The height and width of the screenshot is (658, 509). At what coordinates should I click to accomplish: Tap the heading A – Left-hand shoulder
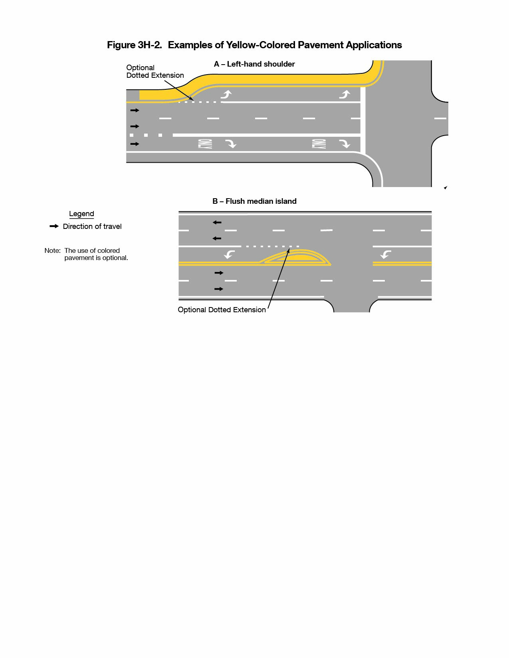point(254,64)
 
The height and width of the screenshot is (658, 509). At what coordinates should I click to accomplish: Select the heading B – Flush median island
point(254,201)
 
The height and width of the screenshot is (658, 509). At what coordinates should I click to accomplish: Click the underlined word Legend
point(81,214)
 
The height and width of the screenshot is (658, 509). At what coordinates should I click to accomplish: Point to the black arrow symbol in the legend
point(54,226)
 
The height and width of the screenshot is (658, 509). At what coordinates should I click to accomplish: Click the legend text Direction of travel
point(92,227)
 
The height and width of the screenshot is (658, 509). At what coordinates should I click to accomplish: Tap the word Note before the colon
point(52,250)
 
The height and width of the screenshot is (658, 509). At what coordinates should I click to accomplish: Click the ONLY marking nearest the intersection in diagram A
point(319,144)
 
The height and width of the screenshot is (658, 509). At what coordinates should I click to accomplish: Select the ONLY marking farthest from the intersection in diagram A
point(205,144)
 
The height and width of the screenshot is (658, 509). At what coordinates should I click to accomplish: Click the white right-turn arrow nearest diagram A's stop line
point(345,144)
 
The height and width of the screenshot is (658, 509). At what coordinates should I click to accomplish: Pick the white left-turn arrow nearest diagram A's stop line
point(345,94)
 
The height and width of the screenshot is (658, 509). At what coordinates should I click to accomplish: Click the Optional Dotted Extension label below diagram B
point(222,310)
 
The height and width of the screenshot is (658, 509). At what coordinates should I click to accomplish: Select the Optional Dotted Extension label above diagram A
point(155,71)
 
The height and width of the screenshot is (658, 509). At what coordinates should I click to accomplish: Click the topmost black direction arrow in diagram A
point(135,110)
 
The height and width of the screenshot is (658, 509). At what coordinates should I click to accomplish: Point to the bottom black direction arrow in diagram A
point(135,144)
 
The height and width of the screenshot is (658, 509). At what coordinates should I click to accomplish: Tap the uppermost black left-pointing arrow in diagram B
point(217,223)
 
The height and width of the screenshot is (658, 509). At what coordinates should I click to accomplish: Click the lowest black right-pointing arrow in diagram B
point(219,289)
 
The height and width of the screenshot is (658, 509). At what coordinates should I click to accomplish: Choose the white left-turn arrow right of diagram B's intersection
point(386,254)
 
